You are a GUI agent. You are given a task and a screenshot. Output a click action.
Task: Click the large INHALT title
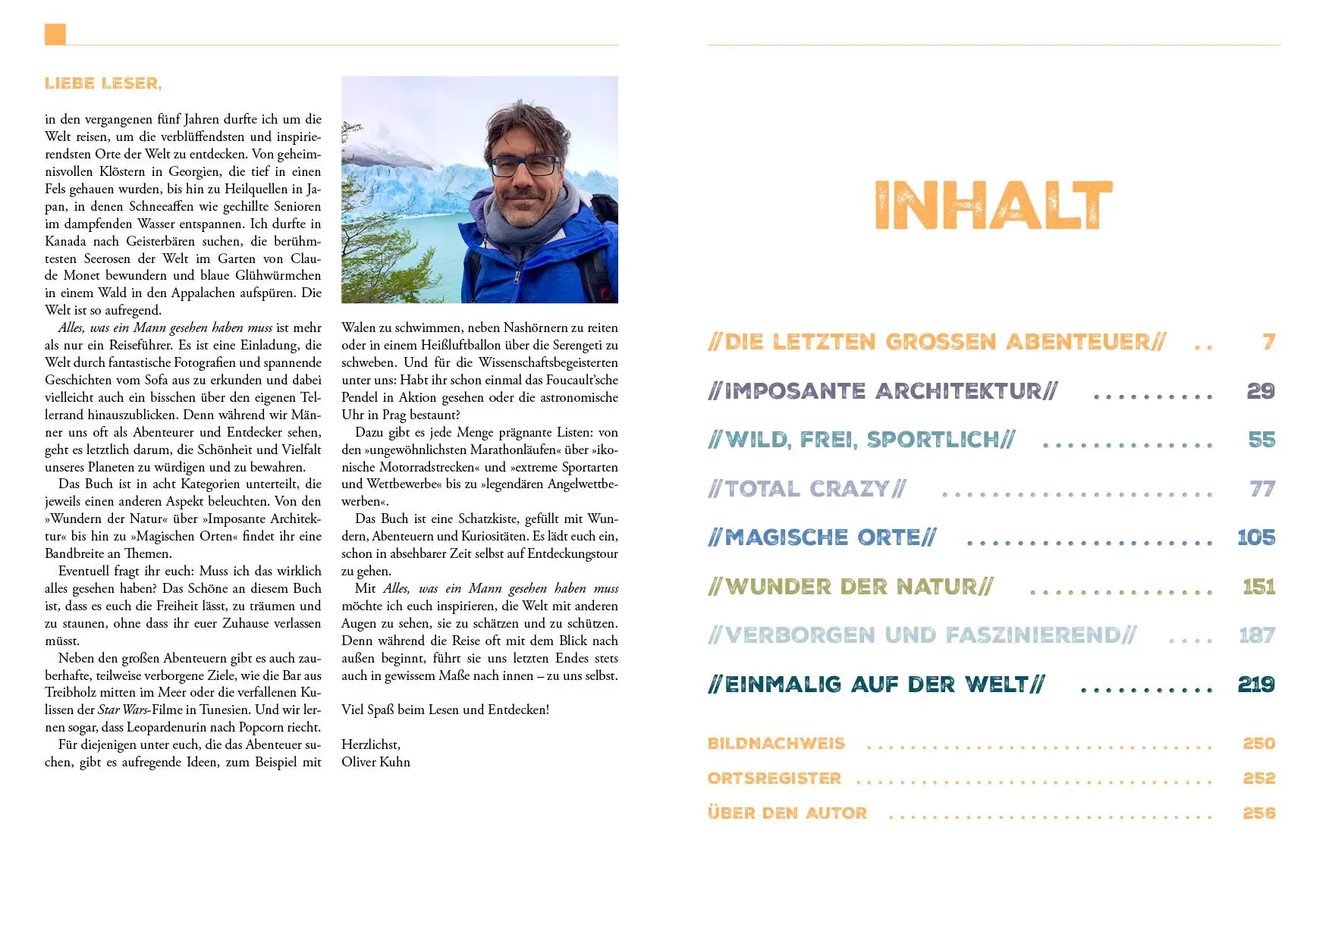tap(993, 205)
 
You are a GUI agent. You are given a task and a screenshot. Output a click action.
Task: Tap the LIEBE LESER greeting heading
tap(103, 83)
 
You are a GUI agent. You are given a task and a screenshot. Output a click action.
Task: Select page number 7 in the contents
tap(1268, 342)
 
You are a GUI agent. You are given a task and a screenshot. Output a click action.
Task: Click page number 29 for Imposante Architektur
tap(1261, 391)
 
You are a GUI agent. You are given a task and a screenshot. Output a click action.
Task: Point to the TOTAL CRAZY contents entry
tap(806, 489)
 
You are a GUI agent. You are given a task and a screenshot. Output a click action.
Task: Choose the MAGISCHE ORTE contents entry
tap(822, 537)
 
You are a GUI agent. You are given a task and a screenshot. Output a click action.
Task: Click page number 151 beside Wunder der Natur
tap(1258, 587)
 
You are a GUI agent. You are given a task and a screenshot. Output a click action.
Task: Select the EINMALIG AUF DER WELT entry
tap(876, 685)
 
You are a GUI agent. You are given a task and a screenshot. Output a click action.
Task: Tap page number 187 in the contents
tap(1257, 635)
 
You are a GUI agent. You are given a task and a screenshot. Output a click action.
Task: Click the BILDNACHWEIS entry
tap(776, 744)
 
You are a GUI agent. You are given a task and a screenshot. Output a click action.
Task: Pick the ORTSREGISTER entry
tap(775, 779)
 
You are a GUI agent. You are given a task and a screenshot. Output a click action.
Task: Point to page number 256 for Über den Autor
tap(1259, 813)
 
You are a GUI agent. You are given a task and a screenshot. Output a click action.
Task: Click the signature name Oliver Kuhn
tap(375, 762)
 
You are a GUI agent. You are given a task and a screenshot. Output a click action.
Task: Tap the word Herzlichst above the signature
tap(370, 744)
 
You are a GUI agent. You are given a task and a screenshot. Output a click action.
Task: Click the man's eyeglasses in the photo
tap(524, 165)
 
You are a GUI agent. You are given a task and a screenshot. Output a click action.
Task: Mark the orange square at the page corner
tap(55, 34)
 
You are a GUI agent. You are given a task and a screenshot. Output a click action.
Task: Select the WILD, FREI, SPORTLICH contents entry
tap(861, 440)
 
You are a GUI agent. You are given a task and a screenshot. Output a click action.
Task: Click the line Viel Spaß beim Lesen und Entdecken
tap(445, 710)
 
